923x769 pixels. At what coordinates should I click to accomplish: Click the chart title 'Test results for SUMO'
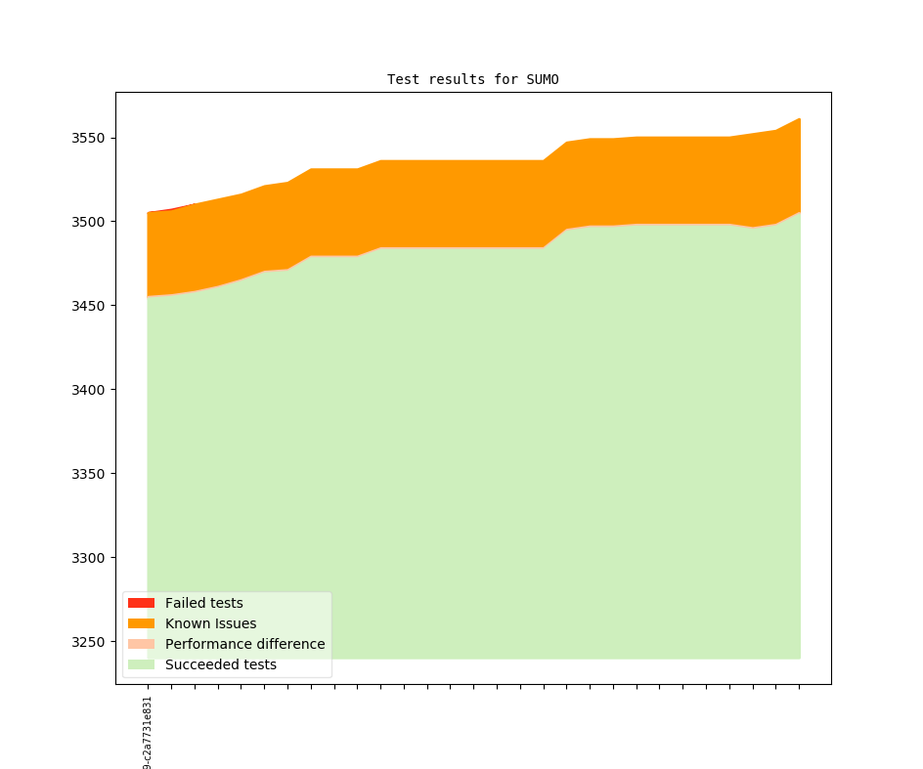[x=472, y=79]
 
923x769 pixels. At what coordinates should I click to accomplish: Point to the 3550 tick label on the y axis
[x=88, y=138]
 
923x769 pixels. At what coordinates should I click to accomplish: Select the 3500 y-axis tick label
[x=88, y=222]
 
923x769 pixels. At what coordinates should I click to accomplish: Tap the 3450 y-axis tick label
[x=88, y=306]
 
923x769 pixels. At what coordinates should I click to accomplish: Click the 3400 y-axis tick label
[x=88, y=390]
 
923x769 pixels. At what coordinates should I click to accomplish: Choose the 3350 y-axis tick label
[x=88, y=474]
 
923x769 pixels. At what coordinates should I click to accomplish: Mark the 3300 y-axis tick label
[x=88, y=558]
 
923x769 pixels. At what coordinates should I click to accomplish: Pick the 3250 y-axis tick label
[x=88, y=642]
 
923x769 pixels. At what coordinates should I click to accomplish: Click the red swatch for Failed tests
[x=141, y=603]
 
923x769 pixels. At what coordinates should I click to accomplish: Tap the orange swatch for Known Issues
[x=141, y=623]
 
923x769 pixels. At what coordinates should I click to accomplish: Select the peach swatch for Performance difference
[x=141, y=644]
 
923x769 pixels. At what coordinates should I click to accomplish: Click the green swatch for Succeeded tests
[x=141, y=664]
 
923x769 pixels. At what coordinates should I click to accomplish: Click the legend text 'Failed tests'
[x=203, y=603]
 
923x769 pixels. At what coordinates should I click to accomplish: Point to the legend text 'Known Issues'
[x=210, y=623]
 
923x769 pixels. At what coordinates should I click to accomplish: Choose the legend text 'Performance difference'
[x=244, y=644]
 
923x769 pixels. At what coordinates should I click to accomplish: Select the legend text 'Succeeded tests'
[x=220, y=664]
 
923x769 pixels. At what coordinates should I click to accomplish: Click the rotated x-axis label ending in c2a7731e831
[x=148, y=733]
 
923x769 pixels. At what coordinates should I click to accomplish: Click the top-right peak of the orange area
[x=799, y=120]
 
